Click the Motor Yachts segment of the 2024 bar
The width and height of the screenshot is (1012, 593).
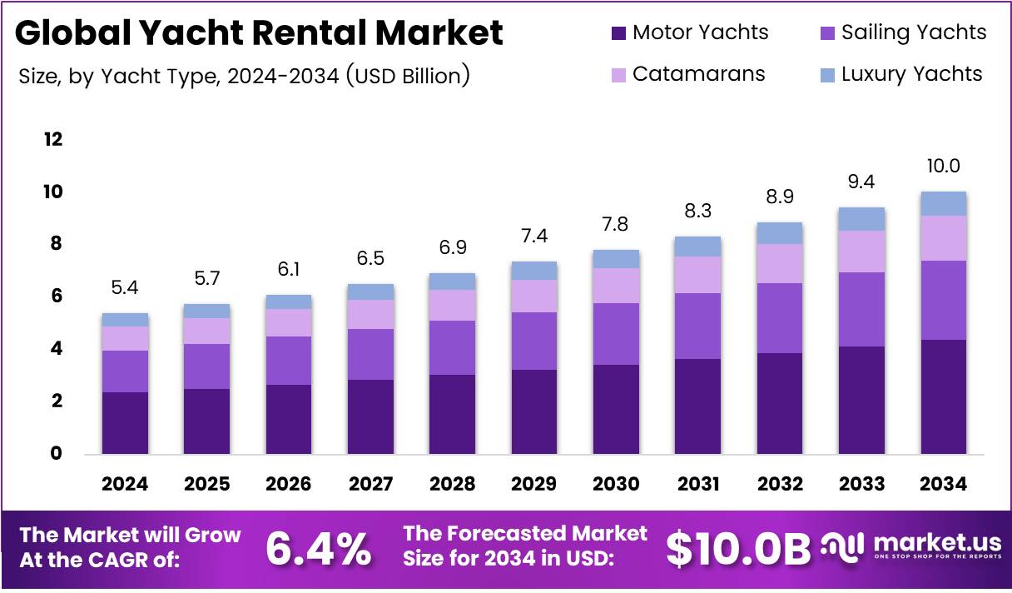[125, 422]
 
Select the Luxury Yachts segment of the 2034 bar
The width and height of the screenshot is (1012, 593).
[943, 204]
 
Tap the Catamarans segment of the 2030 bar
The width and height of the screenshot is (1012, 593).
[616, 286]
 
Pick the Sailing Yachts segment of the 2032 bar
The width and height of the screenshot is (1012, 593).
[780, 318]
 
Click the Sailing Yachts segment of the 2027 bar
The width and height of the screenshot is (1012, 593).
[370, 354]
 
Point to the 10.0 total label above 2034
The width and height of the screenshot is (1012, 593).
[943, 167]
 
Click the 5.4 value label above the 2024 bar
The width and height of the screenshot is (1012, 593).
[125, 288]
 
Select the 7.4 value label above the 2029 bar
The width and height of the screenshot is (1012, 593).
[533, 236]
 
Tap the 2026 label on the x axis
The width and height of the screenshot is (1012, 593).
[289, 484]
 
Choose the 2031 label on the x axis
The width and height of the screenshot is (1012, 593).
[697, 484]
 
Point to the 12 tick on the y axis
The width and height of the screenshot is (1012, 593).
[53, 139]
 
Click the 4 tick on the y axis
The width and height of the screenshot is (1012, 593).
[57, 349]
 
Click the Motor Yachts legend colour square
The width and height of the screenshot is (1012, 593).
[618, 33]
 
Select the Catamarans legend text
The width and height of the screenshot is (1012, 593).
[698, 73]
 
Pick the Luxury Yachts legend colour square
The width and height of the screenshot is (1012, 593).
[827, 74]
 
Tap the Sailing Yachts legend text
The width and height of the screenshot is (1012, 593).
[913, 32]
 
